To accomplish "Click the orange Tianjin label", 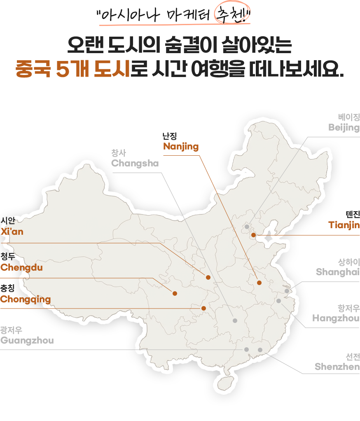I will (x=344, y=225).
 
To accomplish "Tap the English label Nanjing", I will (x=181, y=147).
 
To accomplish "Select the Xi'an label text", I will (x=12, y=232).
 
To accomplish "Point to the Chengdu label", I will (x=21, y=267).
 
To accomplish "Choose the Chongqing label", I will (x=26, y=299).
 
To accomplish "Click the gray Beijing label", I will (x=344, y=127).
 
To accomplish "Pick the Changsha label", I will (x=135, y=163).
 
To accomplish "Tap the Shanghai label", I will (x=338, y=272).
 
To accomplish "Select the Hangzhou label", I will (x=336, y=318).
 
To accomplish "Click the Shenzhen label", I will (x=337, y=367).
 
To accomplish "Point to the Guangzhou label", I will (x=27, y=341).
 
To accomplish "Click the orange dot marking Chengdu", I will (x=175, y=293).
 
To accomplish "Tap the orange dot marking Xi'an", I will (x=208, y=277).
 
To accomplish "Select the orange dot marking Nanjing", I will (x=259, y=283).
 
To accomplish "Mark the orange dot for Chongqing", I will (x=203, y=308).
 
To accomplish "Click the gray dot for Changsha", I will (x=235, y=320).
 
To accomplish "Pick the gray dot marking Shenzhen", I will (x=260, y=350).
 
